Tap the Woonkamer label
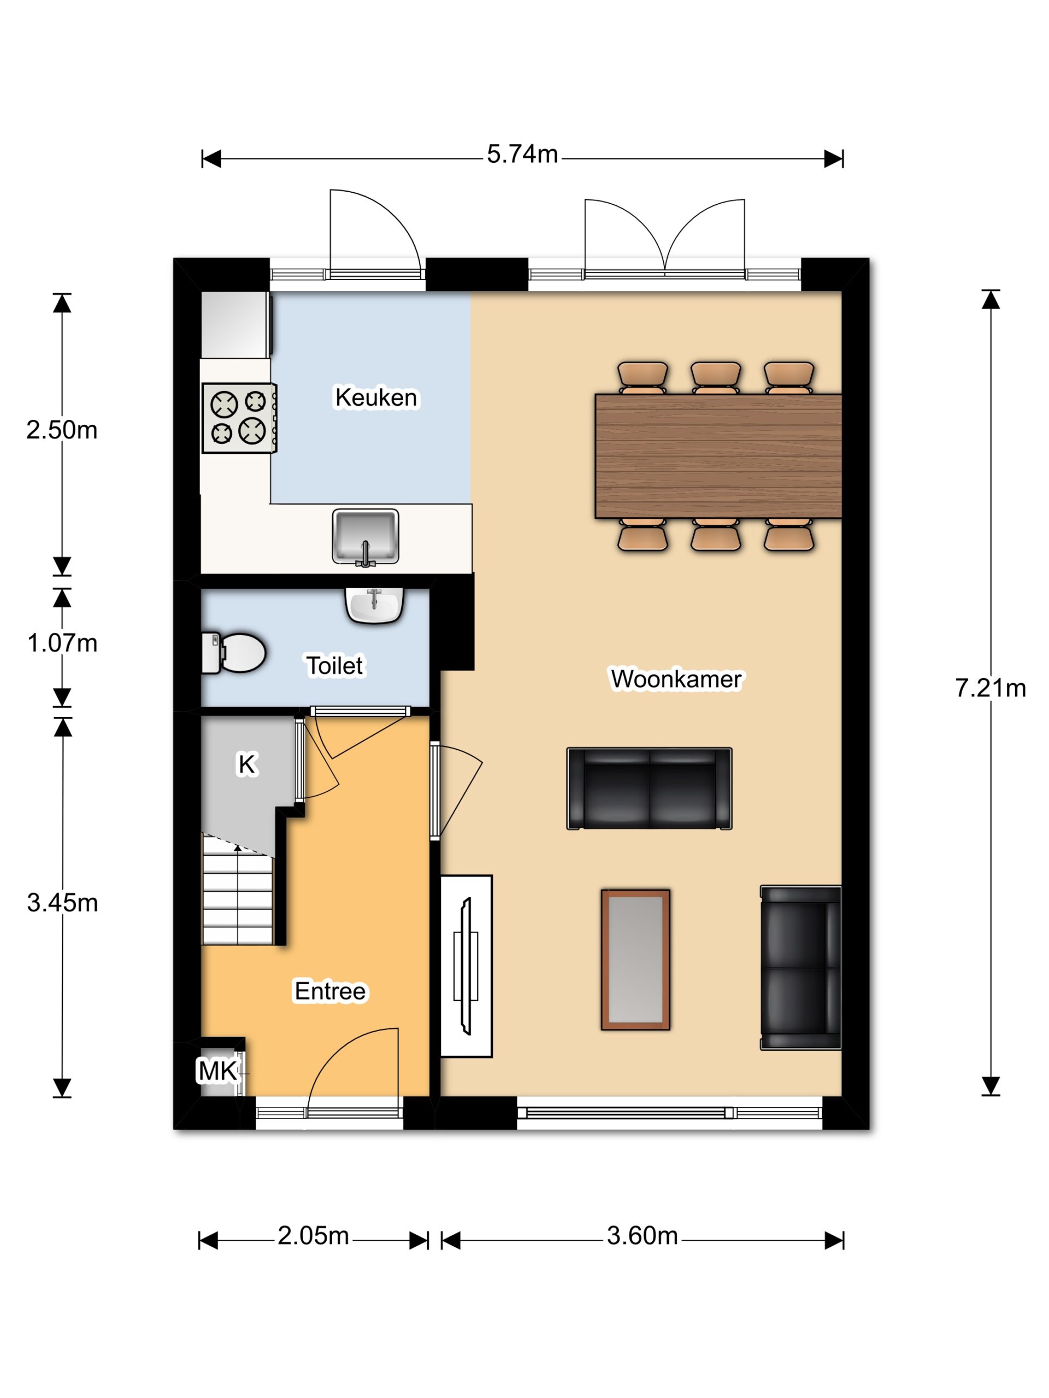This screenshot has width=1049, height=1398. tap(675, 679)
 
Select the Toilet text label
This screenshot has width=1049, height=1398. tap(334, 666)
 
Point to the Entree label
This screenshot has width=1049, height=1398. tap(329, 991)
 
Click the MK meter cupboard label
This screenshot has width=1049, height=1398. tap(218, 1071)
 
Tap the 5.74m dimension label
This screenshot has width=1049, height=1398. tap(522, 154)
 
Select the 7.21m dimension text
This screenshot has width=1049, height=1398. tap(990, 688)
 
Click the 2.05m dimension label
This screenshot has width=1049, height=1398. tap(313, 1236)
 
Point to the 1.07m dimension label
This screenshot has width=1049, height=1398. tap(62, 643)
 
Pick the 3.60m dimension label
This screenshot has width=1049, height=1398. tap(643, 1236)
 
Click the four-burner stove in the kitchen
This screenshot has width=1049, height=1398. tap(239, 418)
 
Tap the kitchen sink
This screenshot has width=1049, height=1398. tap(366, 537)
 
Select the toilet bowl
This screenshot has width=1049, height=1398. tap(233, 653)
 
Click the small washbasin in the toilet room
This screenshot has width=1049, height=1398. tap(374, 605)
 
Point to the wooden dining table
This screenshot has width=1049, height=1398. tap(718, 455)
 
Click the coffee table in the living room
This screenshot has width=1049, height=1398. tap(635, 959)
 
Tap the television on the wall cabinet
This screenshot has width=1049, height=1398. tap(466, 965)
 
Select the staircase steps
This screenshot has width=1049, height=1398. tap(238, 890)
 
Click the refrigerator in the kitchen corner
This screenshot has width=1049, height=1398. tap(236, 325)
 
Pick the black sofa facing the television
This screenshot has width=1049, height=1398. tap(800, 968)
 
